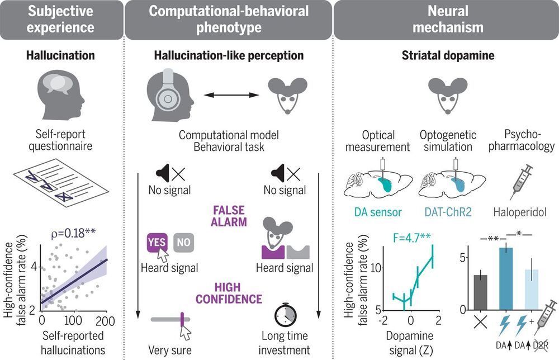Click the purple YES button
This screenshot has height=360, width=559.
tap(157, 242)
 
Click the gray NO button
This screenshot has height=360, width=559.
tap(184, 242)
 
